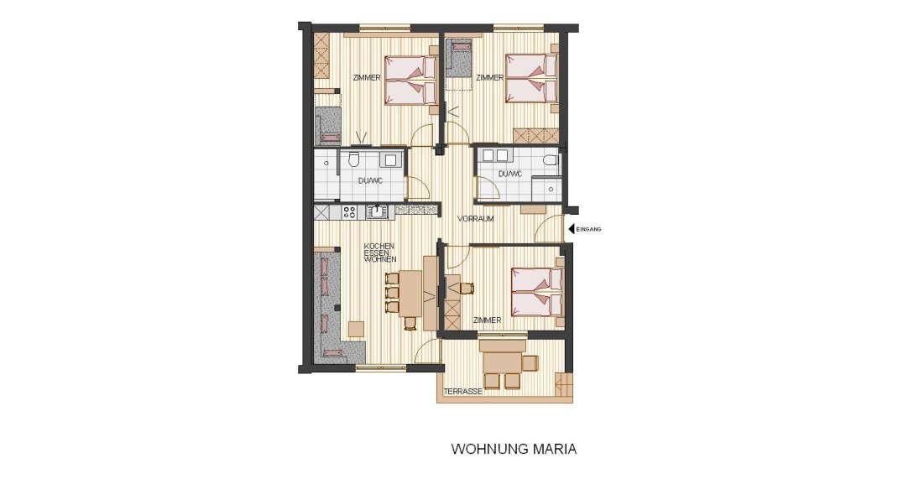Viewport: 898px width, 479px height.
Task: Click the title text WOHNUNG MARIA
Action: [514, 449]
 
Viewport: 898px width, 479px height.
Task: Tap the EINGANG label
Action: [589, 230]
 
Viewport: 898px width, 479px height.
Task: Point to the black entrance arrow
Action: [571, 229]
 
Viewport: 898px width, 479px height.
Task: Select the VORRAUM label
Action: [475, 219]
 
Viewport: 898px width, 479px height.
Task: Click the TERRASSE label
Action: [462, 392]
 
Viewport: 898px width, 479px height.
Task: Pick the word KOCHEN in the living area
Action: [379, 246]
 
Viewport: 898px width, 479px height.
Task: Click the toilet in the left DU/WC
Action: [353, 159]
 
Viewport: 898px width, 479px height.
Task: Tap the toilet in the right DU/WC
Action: [551, 159]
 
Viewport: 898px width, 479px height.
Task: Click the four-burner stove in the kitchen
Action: [349, 212]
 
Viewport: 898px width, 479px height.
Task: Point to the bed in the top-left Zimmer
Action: [411, 81]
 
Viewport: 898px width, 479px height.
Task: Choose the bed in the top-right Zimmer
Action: [532, 78]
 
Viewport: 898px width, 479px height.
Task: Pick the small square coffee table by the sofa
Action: [356, 329]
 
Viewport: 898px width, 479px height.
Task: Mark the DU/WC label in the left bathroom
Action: [370, 181]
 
